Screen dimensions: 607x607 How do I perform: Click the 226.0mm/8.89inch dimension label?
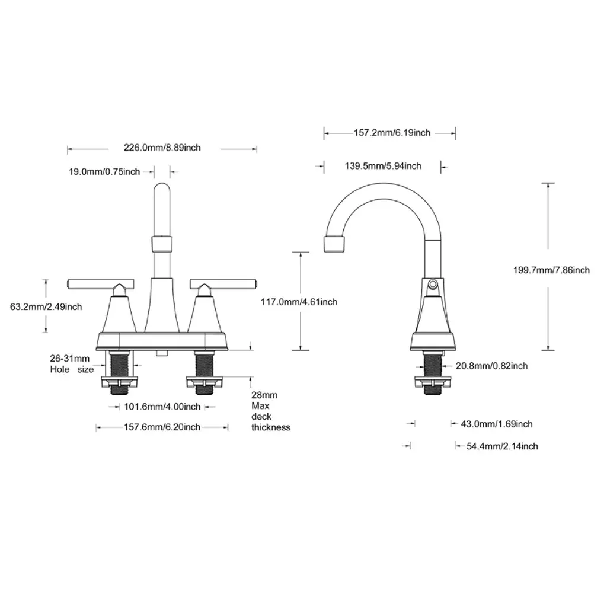point(162,148)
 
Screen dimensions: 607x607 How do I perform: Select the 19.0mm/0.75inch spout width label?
point(104,171)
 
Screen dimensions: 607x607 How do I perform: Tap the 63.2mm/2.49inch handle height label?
point(46,307)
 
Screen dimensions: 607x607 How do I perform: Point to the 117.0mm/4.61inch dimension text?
point(299,302)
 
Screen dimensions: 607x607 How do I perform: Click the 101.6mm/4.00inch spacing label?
point(162,407)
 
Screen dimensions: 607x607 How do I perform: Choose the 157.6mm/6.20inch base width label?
point(162,427)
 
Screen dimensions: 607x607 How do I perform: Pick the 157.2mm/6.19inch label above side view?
point(392,133)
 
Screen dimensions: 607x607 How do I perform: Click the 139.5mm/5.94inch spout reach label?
point(383,166)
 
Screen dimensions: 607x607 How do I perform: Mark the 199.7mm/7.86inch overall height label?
point(552,270)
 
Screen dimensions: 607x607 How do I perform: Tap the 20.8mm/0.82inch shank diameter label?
point(491,366)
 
